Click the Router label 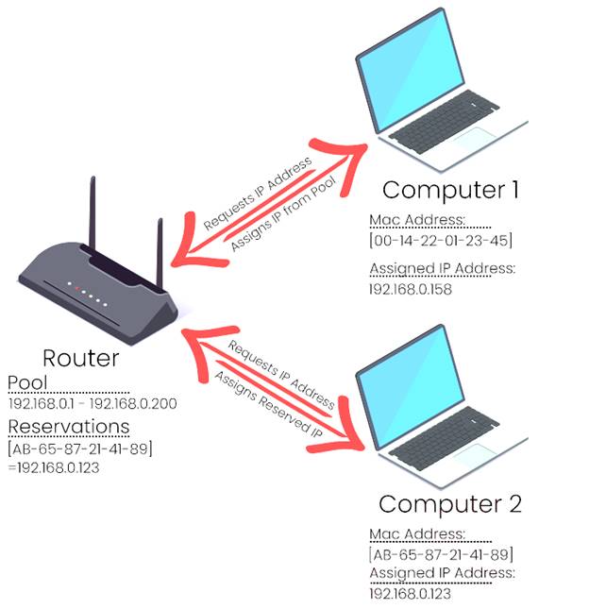pyautogui.click(x=80, y=358)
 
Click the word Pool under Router pyautogui.click(x=27, y=382)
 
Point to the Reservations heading pyautogui.click(x=69, y=426)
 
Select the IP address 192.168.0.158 pyautogui.click(x=411, y=289)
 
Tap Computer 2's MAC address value pyautogui.click(x=442, y=553)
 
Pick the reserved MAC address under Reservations pyautogui.click(x=80, y=448)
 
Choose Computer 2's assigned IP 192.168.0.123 pyautogui.click(x=411, y=593)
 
